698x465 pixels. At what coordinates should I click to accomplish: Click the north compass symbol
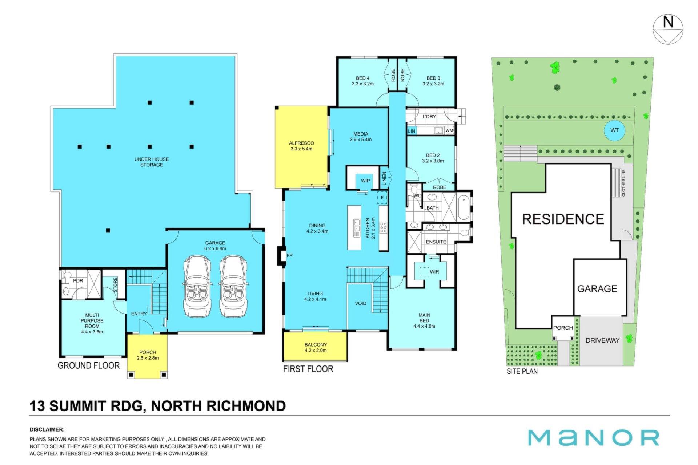pos(668,29)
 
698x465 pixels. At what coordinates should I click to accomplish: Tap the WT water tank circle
pos(614,130)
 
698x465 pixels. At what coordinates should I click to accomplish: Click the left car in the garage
pos(197,286)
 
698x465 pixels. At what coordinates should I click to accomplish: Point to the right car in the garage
pos(234,286)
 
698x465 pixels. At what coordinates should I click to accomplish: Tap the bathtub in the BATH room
pos(464,208)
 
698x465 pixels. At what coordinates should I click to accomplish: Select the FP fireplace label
pos(289,255)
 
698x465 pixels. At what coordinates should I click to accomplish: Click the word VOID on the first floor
pos(361,303)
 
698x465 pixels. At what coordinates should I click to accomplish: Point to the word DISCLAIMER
pos(47,429)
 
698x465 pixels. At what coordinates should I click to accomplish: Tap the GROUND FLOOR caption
pos(89,365)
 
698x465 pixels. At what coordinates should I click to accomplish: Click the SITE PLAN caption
pos(522,371)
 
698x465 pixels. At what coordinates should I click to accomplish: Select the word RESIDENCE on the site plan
pos(563,219)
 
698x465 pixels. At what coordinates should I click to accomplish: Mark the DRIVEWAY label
pos(602,340)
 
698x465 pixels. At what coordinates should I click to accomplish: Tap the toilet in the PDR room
pos(66,276)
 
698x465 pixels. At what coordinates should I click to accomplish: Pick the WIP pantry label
pos(365,181)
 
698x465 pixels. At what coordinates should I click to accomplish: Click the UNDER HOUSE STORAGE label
pos(152,162)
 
